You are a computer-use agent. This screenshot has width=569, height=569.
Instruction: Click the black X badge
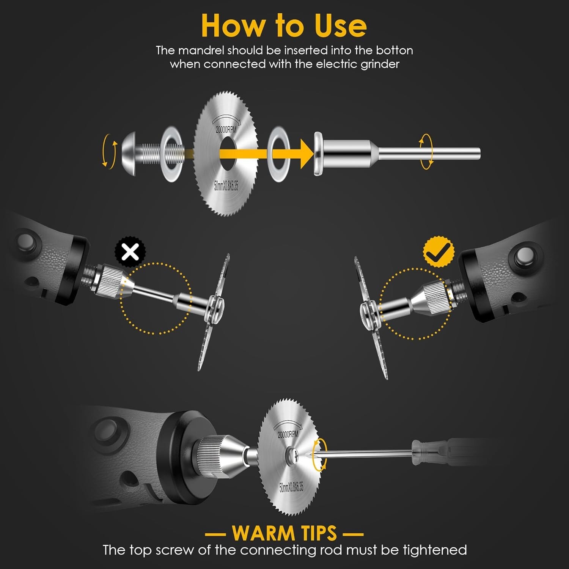130,252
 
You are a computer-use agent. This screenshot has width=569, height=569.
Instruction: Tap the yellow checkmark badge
439,251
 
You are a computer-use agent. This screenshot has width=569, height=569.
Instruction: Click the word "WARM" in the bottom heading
262,533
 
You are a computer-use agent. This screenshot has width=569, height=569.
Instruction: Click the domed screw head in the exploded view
129,154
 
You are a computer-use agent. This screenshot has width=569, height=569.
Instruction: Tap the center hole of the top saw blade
227,154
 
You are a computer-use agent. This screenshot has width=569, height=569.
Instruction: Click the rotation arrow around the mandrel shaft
426,152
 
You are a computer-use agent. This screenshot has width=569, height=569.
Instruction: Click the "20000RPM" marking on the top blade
226,129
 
